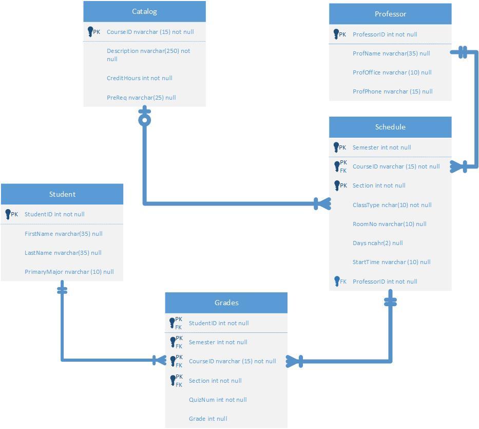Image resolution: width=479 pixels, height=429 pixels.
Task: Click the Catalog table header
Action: tap(144, 11)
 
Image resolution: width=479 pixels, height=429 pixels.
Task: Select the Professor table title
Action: tap(390, 14)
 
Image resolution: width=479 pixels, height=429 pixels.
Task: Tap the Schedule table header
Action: tap(390, 127)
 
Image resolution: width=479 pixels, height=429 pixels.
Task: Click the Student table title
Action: tap(62, 194)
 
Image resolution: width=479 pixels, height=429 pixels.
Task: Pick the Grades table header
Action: tap(226, 303)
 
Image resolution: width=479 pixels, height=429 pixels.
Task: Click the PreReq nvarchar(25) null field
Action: tap(141, 98)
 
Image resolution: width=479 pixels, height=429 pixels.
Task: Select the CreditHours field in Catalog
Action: tap(139, 78)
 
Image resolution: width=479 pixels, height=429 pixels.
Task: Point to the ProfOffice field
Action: tap(392, 72)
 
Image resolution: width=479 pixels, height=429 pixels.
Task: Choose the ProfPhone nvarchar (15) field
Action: tap(392, 91)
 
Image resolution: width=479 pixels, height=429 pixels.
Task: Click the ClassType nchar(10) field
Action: tap(392, 205)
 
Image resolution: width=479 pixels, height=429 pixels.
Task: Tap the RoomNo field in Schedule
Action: tap(389, 224)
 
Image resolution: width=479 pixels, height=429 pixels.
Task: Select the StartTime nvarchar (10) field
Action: tap(391, 262)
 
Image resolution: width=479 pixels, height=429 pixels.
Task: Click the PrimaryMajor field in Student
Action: tap(69, 272)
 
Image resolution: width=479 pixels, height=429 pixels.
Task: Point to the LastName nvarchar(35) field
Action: tap(63, 253)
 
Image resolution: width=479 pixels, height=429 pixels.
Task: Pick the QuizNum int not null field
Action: tap(218, 400)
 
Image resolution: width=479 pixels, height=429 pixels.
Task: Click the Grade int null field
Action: tap(208, 419)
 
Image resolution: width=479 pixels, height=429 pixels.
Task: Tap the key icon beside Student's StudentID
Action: tap(8, 214)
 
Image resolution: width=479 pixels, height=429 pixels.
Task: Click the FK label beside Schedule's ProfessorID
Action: tap(343, 282)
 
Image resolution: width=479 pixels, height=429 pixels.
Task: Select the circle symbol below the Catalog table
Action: tap(145, 121)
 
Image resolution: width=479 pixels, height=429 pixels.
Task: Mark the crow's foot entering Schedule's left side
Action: tap(322, 204)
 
